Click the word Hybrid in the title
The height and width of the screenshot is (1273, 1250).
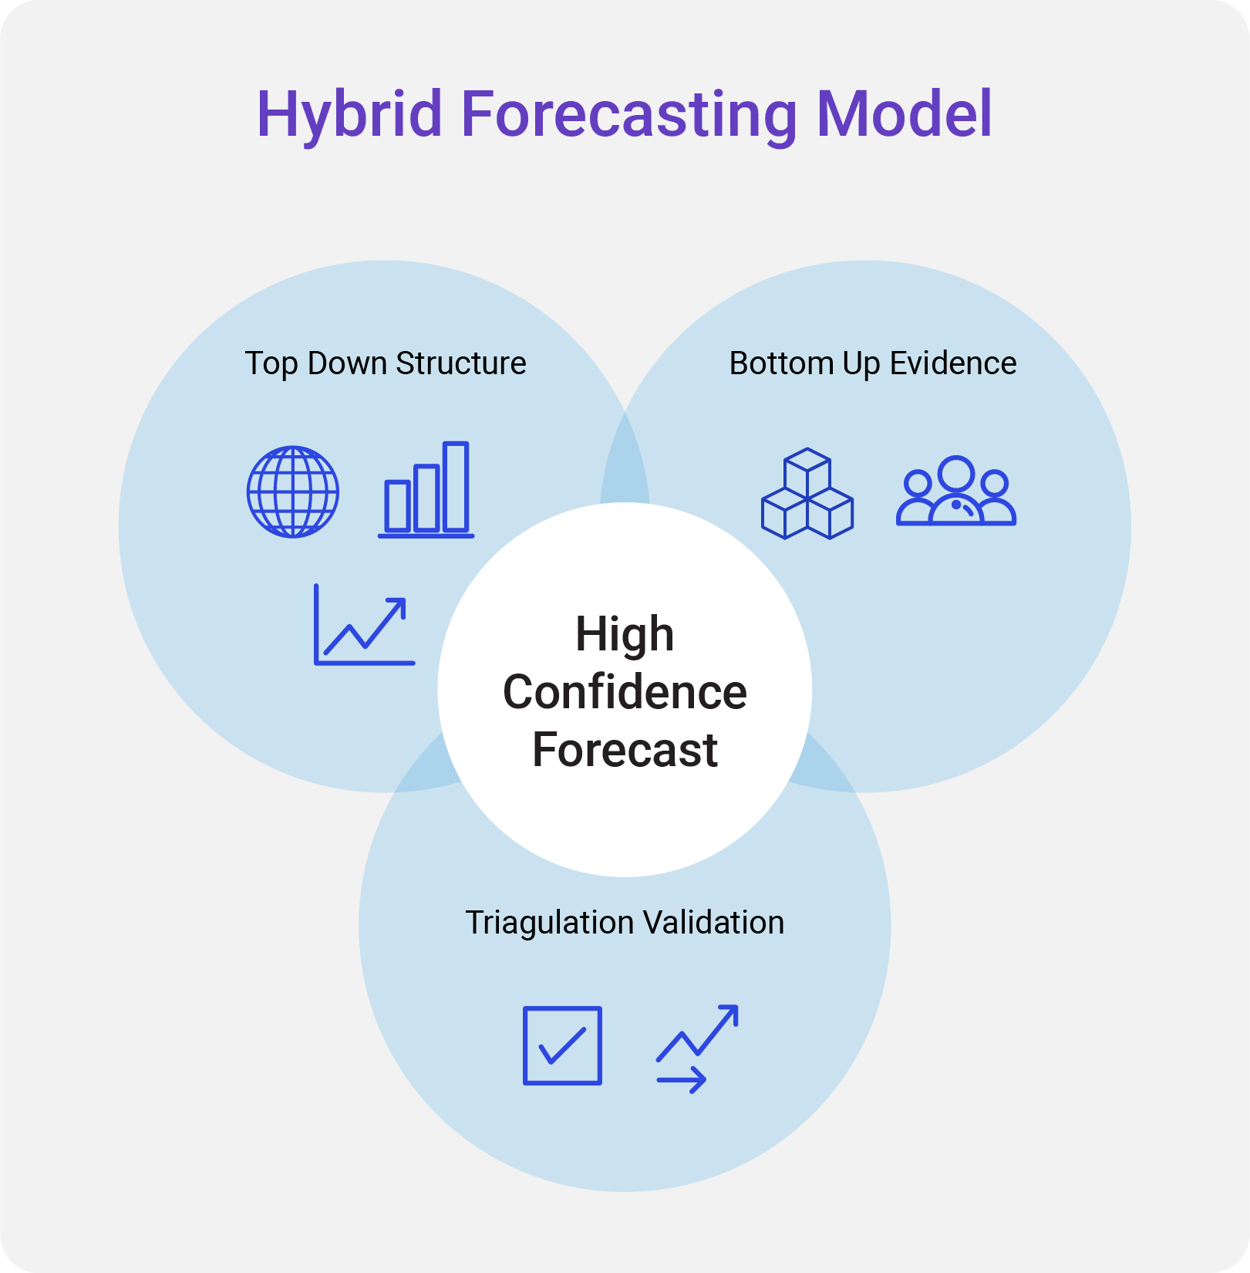click(349, 114)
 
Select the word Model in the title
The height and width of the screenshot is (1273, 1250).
click(904, 114)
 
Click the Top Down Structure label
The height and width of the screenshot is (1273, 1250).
click(385, 363)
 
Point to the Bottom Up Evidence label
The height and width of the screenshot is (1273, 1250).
click(872, 363)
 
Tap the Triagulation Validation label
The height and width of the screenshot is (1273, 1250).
click(625, 923)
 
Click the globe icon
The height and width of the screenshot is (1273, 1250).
click(293, 491)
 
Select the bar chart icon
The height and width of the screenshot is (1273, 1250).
click(426, 490)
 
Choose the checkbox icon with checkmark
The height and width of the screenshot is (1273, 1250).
click(562, 1045)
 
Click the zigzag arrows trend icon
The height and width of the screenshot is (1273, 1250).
click(697, 1048)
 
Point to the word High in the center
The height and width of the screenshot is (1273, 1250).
click(625, 634)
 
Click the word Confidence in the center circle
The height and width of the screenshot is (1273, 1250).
click(625, 692)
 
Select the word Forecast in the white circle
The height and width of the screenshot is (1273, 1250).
click(625, 750)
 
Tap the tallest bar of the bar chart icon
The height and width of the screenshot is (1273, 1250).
click(456, 486)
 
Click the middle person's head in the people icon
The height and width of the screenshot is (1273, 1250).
click(956, 473)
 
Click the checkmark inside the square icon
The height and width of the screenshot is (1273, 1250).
click(562, 1047)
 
